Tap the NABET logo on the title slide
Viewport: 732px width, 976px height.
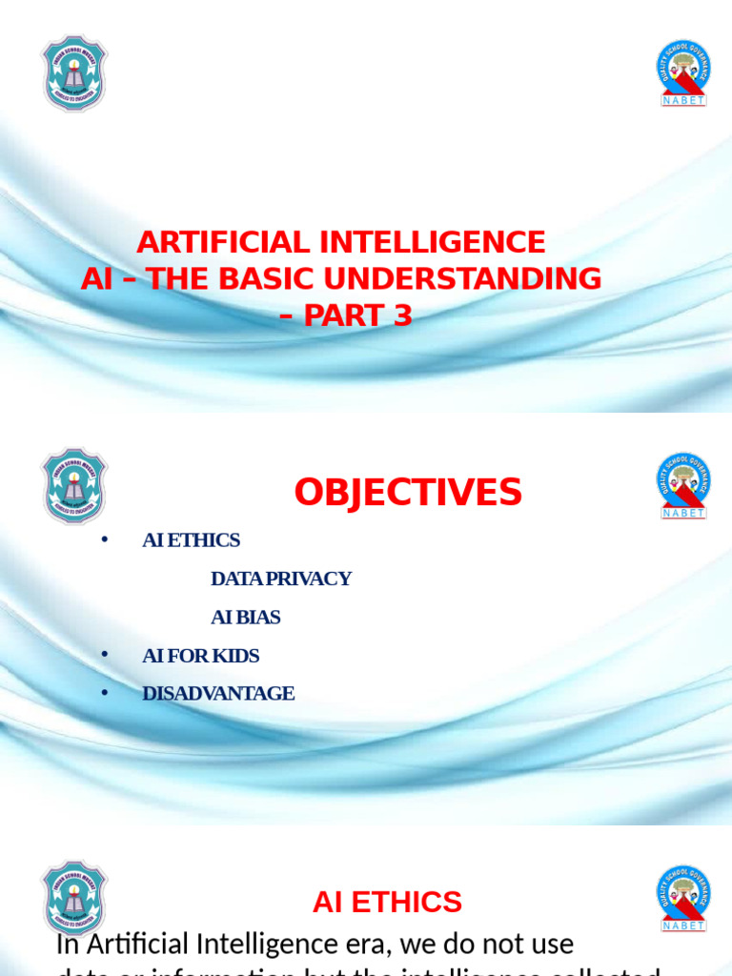tap(683, 72)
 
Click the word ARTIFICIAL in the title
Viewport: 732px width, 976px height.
tap(220, 242)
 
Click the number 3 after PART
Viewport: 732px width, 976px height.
tap(403, 315)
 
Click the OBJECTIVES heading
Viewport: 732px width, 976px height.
tap(408, 493)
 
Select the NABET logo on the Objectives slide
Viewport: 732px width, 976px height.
tap(683, 485)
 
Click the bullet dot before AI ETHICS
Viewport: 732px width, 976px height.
tap(106, 540)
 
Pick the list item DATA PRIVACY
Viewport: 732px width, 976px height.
tap(281, 579)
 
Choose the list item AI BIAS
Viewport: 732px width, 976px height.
tap(246, 617)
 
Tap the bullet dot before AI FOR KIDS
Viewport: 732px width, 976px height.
tap(106, 656)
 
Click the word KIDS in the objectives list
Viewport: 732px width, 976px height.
tap(238, 656)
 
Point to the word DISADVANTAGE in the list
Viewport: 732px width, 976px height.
tap(218, 694)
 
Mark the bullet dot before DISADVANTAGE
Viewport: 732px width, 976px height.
tap(106, 694)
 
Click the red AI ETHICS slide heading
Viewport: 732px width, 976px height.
tap(387, 902)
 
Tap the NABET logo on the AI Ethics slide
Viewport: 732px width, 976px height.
tap(683, 898)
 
